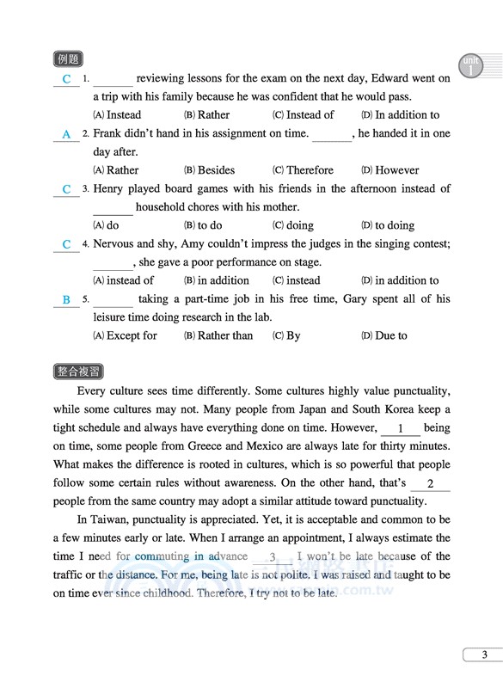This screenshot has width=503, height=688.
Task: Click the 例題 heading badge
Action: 67,59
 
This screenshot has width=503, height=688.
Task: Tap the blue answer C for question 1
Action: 66,80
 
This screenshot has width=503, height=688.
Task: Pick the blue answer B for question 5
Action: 66,300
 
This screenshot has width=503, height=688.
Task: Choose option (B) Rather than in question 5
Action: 218,335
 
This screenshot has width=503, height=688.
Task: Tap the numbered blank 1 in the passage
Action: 401,428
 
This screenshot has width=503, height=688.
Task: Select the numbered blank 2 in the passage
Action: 430,485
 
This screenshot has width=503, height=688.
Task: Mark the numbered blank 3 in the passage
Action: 272,557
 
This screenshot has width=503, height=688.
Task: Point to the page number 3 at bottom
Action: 484,655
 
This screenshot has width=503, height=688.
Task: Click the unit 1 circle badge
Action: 472,67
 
